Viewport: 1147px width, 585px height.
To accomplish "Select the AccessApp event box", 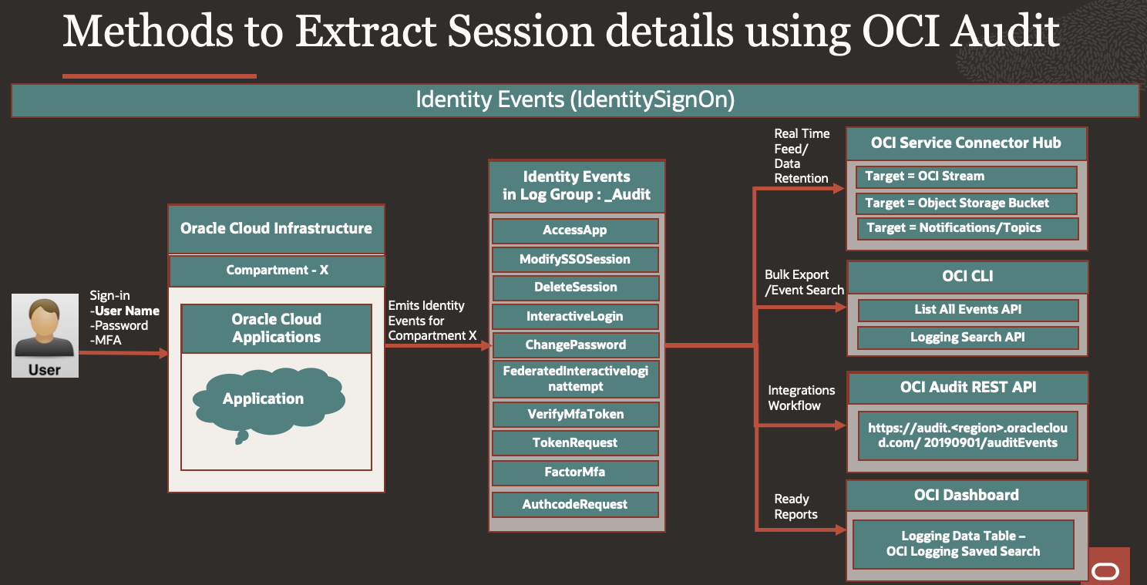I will point(575,230).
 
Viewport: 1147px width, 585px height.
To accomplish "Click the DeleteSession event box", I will point(575,287).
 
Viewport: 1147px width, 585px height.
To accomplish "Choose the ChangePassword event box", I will point(575,345).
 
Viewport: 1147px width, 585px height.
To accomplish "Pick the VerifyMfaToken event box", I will point(575,414).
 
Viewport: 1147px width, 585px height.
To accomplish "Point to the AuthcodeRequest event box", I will point(575,504).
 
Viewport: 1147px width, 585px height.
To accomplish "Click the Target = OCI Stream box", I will point(966,177).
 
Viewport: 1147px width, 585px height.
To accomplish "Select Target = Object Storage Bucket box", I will point(966,203).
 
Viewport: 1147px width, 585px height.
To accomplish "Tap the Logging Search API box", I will point(967,338).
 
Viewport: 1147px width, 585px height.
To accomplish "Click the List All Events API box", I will point(967,310).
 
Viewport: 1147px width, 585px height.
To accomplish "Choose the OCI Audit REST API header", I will point(967,388).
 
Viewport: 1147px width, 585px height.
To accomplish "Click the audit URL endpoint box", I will point(967,435).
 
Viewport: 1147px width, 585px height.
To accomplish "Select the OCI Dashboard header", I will point(967,495).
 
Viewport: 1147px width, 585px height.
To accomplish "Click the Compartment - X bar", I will point(277,271).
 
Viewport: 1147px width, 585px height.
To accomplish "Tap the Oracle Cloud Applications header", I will point(276,328).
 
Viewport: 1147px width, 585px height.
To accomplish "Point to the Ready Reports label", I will point(795,507).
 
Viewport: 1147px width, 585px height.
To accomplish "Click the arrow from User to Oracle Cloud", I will point(123,353).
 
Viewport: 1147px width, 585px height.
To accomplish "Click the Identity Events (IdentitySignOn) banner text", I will point(575,100).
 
